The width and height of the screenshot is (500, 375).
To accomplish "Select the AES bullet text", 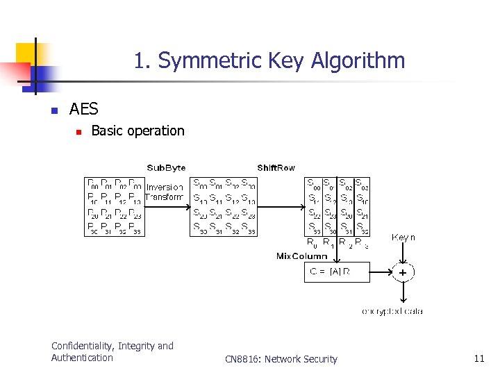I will (x=84, y=109).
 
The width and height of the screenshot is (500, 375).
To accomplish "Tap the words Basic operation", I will (x=137, y=131).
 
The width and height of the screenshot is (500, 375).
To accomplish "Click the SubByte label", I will (x=166, y=167).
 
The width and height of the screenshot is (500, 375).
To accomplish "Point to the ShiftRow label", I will (x=276, y=167).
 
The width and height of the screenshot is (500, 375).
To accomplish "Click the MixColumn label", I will (x=302, y=256).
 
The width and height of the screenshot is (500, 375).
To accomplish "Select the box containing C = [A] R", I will (x=337, y=272).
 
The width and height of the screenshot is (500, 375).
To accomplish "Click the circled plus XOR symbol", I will (x=402, y=272).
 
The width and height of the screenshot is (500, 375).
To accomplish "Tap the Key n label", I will (x=403, y=237).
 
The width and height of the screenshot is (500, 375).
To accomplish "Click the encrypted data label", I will (x=392, y=311).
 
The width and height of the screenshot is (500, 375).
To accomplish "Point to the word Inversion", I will (x=165, y=187).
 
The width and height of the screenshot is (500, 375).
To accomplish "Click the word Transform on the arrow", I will (x=165, y=197).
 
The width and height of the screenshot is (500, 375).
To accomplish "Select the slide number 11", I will (x=478, y=358).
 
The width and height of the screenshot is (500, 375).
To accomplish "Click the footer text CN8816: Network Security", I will (x=281, y=359).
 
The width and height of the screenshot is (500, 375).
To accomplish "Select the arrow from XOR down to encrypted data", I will (x=402, y=293).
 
